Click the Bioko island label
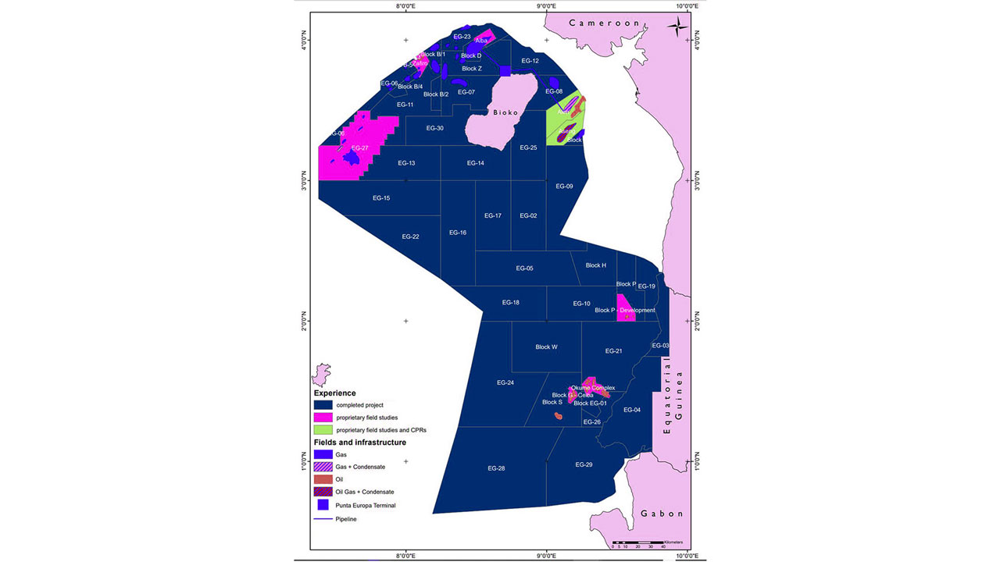(x=505, y=112)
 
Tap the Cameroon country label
(x=604, y=23)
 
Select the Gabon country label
(x=662, y=514)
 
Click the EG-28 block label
(x=496, y=468)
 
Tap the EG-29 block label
(x=584, y=464)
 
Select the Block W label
(x=546, y=347)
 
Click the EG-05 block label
(x=524, y=268)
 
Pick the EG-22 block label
(x=410, y=237)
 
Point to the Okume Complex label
(x=592, y=388)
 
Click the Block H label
(x=595, y=265)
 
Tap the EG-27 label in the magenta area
(x=360, y=148)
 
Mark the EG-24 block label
(x=505, y=382)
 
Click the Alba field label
(x=480, y=41)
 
